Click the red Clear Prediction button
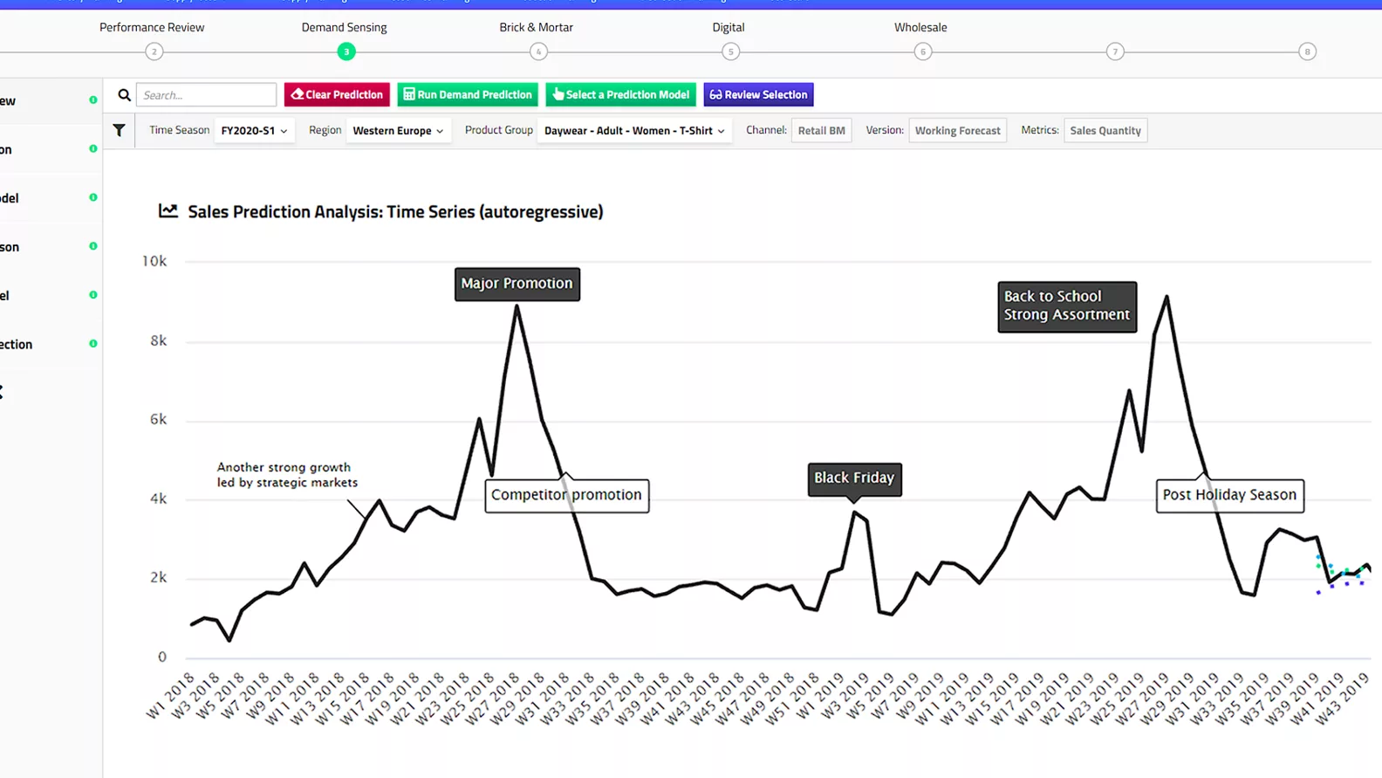point(337,94)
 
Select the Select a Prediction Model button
point(620,94)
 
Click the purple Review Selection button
point(758,94)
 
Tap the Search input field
point(207,94)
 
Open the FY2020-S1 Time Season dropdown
point(254,131)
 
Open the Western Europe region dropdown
point(398,131)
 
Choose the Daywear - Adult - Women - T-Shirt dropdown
point(634,131)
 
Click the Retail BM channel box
point(821,131)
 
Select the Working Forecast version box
point(957,131)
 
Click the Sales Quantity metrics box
point(1105,131)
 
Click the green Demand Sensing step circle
point(346,52)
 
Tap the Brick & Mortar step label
point(536,27)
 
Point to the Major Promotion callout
point(517,284)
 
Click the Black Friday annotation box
point(854,479)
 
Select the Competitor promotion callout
point(566,495)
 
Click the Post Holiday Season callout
point(1229,495)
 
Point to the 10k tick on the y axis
point(154,261)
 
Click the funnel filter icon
point(119,131)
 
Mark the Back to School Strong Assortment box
point(1066,306)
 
